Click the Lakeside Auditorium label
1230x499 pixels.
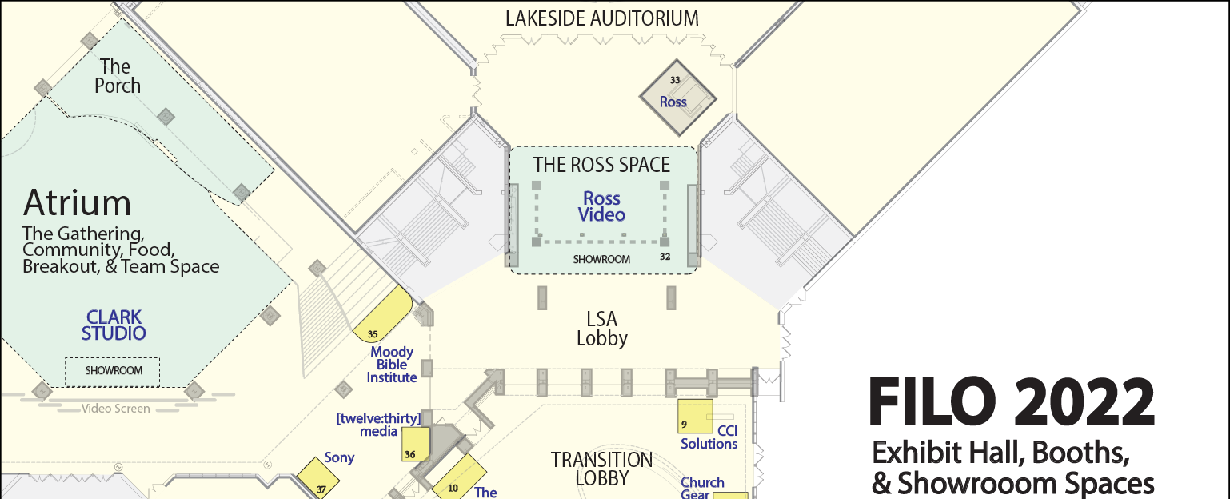pos(602,18)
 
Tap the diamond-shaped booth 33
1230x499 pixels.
pos(677,98)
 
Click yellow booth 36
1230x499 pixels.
pos(415,444)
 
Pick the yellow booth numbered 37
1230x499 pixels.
pos(318,479)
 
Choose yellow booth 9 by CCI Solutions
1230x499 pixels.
pos(695,416)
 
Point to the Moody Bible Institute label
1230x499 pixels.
pos(392,365)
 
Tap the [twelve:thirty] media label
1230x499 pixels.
pos(379,425)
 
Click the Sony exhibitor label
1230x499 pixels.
pos(339,457)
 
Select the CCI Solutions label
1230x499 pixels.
pos(709,437)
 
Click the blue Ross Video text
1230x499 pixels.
pos(602,206)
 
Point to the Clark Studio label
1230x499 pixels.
pos(114,325)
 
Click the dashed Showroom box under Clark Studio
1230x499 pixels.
pos(113,372)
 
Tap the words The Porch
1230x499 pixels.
pos(117,76)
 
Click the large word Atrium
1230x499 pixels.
pos(77,203)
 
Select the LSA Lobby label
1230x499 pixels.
pos(602,329)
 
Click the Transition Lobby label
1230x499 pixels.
pos(602,469)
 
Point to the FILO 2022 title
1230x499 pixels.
pos(1012,401)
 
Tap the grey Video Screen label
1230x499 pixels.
pos(115,409)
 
